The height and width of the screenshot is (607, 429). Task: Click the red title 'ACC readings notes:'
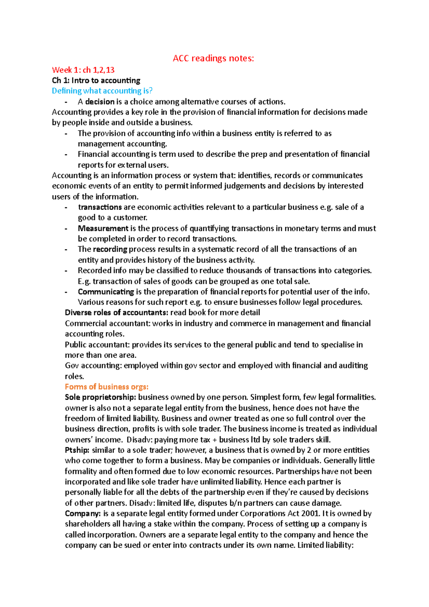click(213, 58)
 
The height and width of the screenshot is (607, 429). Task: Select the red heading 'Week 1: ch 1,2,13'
click(83, 70)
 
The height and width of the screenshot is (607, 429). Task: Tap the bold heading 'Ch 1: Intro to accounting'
click(96, 80)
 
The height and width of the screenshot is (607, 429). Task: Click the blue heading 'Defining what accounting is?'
click(102, 91)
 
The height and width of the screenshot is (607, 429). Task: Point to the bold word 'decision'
click(100, 102)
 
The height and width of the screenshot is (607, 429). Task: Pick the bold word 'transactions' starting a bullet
click(100, 207)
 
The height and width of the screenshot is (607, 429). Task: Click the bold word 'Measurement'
click(103, 228)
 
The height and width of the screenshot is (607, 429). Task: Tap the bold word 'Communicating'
click(106, 292)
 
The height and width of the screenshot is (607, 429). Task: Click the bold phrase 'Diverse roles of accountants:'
click(116, 312)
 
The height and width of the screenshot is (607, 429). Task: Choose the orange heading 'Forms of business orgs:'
click(107, 387)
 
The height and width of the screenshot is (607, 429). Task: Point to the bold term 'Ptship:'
click(77, 450)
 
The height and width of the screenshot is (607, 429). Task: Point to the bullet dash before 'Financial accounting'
click(66, 154)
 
